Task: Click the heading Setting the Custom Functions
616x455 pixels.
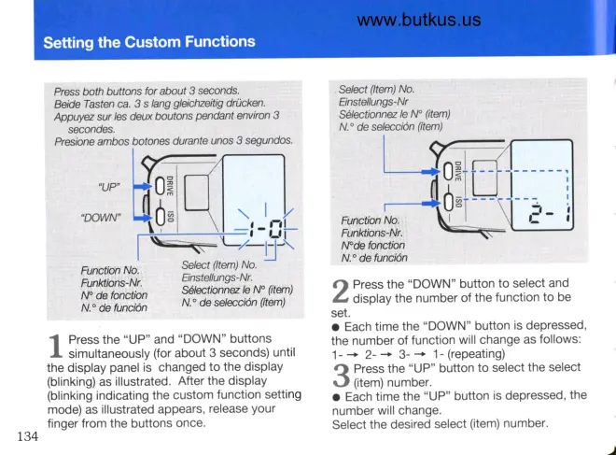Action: point(149,42)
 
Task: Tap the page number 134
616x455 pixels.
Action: point(28,435)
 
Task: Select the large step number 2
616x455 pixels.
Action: point(342,291)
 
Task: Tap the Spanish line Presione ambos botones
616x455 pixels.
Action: point(174,140)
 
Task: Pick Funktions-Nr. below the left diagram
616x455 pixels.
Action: point(114,282)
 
